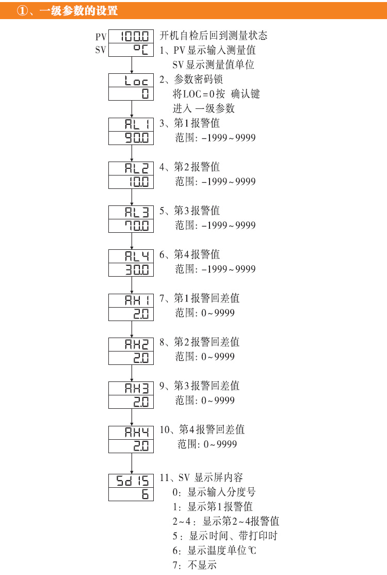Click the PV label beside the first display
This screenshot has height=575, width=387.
101,37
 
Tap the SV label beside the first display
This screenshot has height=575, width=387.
101,50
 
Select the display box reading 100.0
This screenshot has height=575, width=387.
132,36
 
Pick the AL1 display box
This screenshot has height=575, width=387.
132,124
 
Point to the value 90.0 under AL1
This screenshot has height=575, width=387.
132,138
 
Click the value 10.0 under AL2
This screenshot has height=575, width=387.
132,182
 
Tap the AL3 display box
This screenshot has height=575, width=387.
132,212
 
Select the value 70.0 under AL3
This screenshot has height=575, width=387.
132,226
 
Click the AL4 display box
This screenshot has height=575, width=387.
132,256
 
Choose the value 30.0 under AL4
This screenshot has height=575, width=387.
132,269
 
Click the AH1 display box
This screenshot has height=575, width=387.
132,300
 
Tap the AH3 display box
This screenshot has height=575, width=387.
132,388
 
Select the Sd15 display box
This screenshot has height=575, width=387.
132,481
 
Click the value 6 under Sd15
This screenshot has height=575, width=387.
132,494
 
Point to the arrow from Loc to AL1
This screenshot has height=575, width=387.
132,109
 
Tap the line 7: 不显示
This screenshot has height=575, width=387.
195,565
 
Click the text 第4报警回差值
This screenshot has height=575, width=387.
212,429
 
